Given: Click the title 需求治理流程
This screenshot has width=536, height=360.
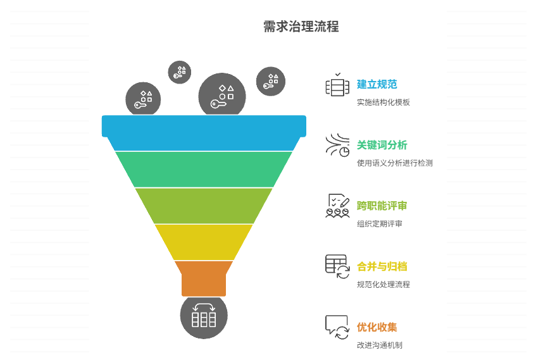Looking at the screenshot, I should [x=301, y=27].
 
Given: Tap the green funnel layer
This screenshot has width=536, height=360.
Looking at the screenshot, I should [x=204, y=169].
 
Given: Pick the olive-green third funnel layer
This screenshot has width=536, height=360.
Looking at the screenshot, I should [x=204, y=206].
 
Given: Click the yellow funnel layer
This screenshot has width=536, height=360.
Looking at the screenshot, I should [x=204, y=242].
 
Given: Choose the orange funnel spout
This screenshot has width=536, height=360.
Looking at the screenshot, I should [x=204, y=278].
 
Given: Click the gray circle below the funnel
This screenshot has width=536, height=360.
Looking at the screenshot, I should [x=204, y=316].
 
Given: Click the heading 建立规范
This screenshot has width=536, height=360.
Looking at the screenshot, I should [x=377, y=84].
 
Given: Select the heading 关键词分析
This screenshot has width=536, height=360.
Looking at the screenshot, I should [x=382, y=145].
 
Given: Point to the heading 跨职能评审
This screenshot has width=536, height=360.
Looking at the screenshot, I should [x=382, y=206].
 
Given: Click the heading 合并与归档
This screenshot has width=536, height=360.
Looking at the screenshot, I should [x=382, y=266].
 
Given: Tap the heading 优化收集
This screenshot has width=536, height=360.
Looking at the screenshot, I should [x=377, y=327].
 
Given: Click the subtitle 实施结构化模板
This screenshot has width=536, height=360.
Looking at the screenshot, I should [x=383, y=102].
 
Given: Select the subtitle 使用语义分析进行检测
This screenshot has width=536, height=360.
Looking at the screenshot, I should [x=394, y=163].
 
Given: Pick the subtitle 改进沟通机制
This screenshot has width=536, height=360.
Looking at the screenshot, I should [x=379, y=345].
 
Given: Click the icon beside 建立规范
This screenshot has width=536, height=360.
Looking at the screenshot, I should [x=337, y=85].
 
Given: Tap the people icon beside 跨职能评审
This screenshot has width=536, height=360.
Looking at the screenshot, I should [x=337, y=206].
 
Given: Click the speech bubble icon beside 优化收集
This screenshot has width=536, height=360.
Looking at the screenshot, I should [x=337, y=328].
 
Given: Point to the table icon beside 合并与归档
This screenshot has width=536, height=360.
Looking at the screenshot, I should [x=337, y=266].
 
